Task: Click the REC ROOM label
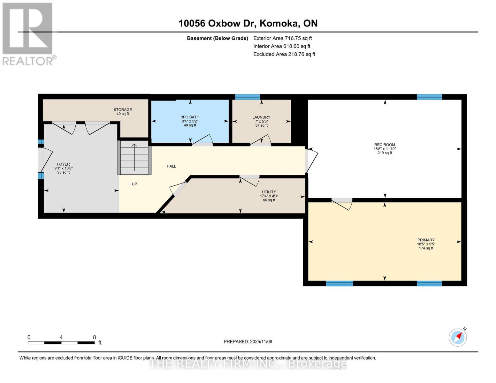pyautogui.click(x=385, y=145)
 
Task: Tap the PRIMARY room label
pyautogui.click(x=426, y=240)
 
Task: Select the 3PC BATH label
pyautogui.click(x=190, y=117)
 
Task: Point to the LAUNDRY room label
pyautogui.click(x=261, y=117)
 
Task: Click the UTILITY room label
pyautogui.click(x=269, y=192)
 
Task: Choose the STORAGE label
pyautogui.click(x=123, y=110)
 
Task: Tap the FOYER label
pyautogui.click(x=63, y=164)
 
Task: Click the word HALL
pyautogui.click(x=171, y=166)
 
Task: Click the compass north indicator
pyautogui.click(x=458, y=337)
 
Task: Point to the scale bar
pyautogui.click(x=61, y=343)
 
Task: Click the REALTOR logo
pyautogui.click(x=28, y=34)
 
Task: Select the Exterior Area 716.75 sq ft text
pyautogui.click(x=282, y=38)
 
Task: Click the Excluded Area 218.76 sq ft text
pyautogui.click(x=284, y=54)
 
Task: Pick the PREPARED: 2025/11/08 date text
pyautogui.click(x=248, y=342)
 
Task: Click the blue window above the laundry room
pyautogui.click(x=248, y=97)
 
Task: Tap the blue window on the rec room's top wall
pyautogui.click(x=429, y=97)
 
